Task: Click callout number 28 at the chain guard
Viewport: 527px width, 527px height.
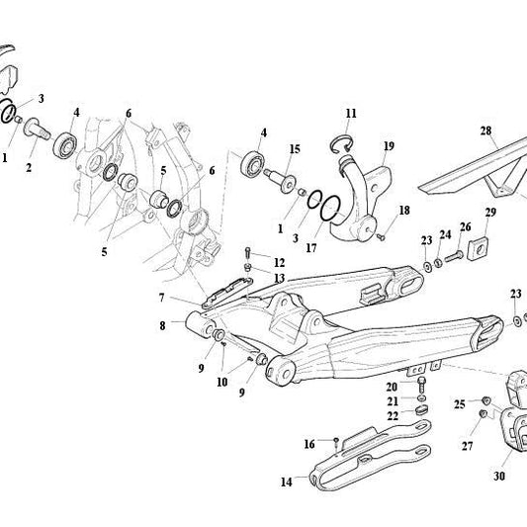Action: tap(485, 131)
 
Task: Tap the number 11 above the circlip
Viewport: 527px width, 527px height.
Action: tap(351, 113)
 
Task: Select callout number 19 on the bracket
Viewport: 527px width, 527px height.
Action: tap(389, 146)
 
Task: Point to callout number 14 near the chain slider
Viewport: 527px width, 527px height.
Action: tap(287, 483)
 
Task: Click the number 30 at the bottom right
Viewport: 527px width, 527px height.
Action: tap(499, 476)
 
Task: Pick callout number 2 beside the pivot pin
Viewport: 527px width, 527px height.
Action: tap(29, 167)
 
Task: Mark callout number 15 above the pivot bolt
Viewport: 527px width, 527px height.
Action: tap(295, 149)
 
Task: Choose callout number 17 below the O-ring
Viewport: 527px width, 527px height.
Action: tap(313, 249)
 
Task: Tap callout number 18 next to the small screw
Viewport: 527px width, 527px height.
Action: tap(403, 211)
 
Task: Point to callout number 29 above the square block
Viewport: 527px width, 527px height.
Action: tap(490, 214)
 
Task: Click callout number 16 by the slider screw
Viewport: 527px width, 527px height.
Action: tap(309, 443)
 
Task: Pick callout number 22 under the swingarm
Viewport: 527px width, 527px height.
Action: tap(393, 416)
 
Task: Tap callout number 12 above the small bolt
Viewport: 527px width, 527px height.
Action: tap(280, 262)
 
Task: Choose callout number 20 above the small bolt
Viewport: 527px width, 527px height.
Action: tap(393, 387)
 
